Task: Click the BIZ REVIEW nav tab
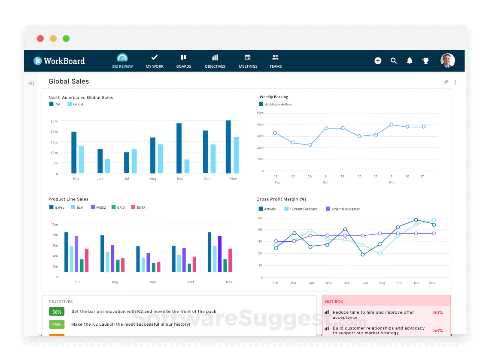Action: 122,61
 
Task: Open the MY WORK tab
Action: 155,61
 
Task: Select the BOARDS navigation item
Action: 183,61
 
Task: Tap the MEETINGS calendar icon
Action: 248,57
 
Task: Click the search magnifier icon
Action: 394,61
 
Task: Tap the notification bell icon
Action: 410,61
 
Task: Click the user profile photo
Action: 447,60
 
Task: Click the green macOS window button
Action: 66,39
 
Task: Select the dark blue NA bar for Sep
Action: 179,148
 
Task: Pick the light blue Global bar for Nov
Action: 236,155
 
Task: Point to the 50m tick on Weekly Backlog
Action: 260,113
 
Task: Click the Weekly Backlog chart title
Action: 273,97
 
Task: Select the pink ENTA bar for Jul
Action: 87,260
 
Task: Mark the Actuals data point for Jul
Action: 363,255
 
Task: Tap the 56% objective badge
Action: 57,312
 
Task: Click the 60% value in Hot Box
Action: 437,312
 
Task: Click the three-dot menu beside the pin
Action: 455,82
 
